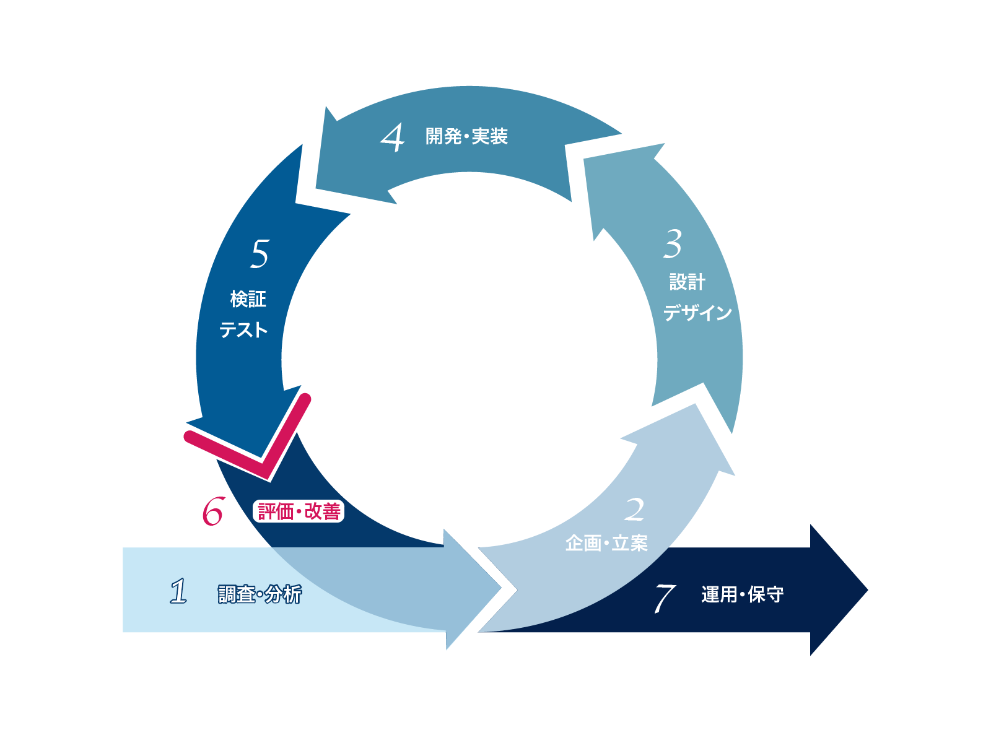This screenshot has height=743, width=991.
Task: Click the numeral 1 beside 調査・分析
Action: pos(179,591)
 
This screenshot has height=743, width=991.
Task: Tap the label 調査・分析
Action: pos(260,594)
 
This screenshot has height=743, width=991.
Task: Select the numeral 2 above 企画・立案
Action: pos(634,510)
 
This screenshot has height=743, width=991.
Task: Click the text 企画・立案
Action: pos(606,544)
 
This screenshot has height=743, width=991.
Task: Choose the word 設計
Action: pos(687,282)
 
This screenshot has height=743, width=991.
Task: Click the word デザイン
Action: pos(697,313)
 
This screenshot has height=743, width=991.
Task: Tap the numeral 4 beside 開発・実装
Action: pos(393,137)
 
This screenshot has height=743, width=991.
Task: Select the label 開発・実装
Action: pos(466,136)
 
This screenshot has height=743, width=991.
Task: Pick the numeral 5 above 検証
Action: pos(260,254)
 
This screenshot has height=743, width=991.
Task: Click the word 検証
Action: pos(248,299)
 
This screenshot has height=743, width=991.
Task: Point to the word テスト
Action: pos(243,329)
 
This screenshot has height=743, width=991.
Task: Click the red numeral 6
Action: pos(212,511)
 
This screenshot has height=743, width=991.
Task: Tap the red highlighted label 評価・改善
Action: pos(299,511)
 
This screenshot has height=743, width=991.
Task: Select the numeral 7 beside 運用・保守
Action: pos(664,597)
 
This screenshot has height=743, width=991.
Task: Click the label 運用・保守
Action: pos(742,594)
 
